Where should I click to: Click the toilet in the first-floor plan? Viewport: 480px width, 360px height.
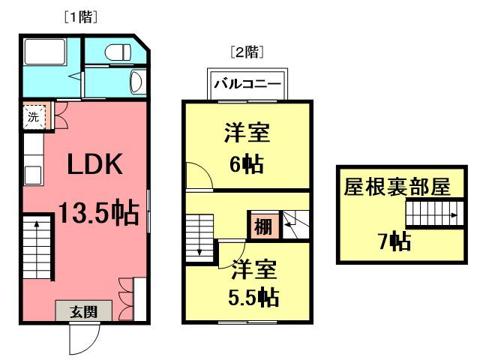click(x=118, y=52)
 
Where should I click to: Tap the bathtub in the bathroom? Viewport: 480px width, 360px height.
click(x=45, y=52)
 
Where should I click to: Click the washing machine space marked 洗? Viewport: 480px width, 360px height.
click(x=34, y=116)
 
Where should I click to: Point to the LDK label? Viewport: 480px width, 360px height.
click(x=94, y=164)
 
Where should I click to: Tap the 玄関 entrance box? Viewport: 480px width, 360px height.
click(x=83, y=310)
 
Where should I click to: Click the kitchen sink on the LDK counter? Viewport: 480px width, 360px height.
click(x=33, y=175)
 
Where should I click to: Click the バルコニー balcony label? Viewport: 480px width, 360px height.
click(x=247, y=83)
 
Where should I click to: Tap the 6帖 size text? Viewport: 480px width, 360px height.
click(x=247, y=164)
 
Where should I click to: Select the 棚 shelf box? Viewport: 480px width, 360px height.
click(x=263, y=226)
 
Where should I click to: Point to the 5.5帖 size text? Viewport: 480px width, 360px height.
click(x=253, y=297)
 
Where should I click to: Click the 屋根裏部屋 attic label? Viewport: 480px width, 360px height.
click(x=397, y=187)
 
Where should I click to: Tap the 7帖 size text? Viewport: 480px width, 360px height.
click(x=394, y=241)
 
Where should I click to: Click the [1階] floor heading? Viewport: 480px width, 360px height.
click(x=81, y=17)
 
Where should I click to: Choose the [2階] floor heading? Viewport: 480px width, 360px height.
click(x=247, y=52)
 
